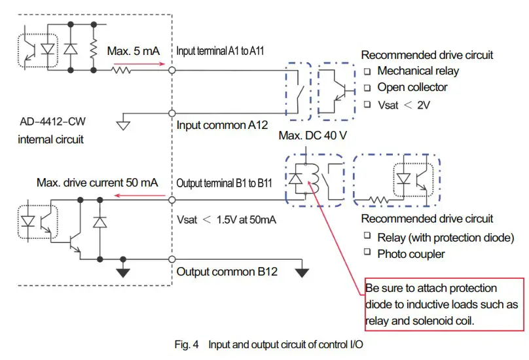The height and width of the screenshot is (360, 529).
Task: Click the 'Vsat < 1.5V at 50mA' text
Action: pos(227,220)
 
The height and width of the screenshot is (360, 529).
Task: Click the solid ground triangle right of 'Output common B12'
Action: pos(301,272)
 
